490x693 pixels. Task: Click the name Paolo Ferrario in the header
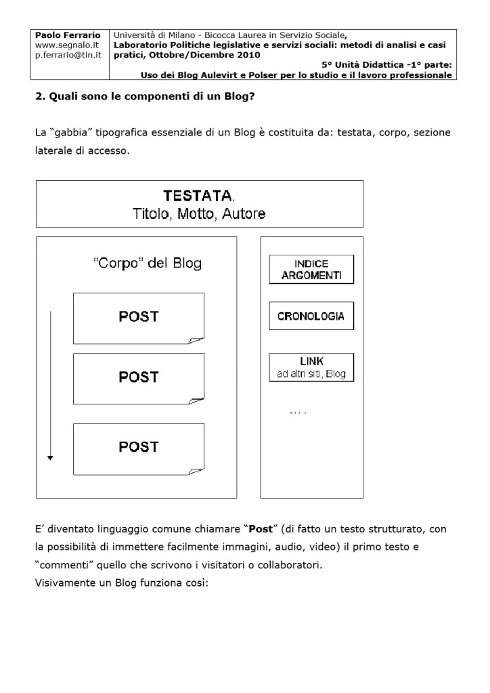click(67, 35)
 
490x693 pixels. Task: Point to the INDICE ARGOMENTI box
click(311, 271)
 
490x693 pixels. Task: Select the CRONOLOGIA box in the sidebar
click(311, 316)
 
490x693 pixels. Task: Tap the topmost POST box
click(139, 316)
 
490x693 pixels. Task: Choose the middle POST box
click(139, 377)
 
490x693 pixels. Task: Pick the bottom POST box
click(139, 447)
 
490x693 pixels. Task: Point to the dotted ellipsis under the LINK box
click(298, 412)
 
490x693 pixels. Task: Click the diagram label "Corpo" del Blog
click(147, 264)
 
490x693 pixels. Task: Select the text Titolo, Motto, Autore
click(199, 214)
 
